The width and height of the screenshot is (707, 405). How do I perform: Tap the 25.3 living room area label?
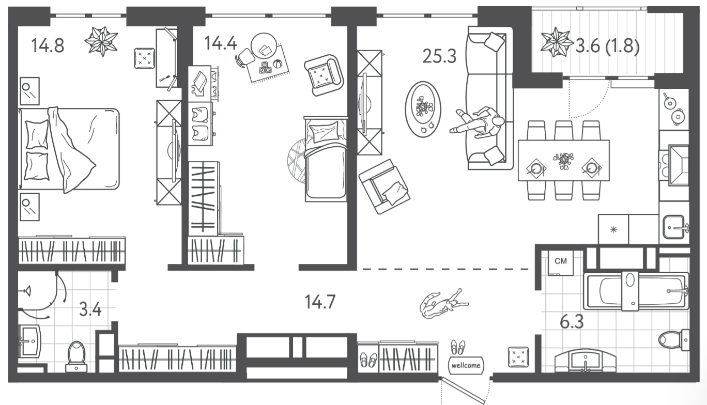[439, 56]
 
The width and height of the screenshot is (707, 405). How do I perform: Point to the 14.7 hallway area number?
[320, 302]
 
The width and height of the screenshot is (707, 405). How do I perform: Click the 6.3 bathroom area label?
[572, 322]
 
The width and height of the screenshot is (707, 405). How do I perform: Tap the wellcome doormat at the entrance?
[466, 365]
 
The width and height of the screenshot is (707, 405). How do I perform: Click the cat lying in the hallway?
[444, 303]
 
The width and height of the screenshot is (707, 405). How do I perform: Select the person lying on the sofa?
[477, 122]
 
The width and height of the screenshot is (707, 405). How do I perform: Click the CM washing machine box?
[561, 263]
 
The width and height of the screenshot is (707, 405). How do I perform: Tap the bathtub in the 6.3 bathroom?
[636, 291]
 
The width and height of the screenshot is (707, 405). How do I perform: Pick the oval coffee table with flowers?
[423, 109]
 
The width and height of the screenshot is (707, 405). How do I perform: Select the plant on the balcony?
[557, 42]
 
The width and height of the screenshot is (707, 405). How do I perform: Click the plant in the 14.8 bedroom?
[102, 41]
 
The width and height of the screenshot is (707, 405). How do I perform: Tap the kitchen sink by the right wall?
[675, 226]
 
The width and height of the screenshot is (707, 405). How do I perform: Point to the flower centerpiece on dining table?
[564, 161]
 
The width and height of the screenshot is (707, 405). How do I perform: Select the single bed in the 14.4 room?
[326, 159]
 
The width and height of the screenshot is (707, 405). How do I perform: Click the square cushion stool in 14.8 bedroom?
[145, 58]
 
